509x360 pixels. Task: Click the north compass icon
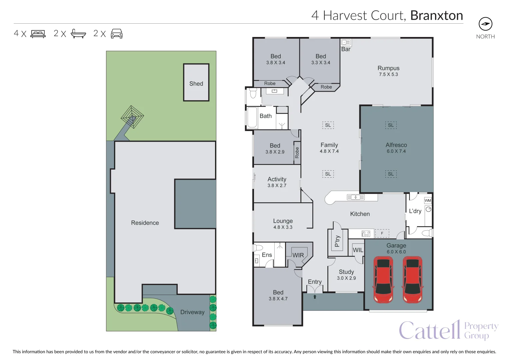(x=485, y=24)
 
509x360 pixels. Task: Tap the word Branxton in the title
(x=436, y=15)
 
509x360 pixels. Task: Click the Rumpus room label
(x=388, y=68)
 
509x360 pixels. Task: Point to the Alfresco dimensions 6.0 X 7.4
(x=396, y=151)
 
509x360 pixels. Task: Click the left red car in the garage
(x=383, y=279)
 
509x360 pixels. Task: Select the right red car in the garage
(x=413, y=279)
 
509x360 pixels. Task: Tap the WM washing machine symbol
(x=428, y=200)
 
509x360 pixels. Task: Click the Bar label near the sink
(x=346, y=49)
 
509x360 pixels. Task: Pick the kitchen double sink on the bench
(x=356, y=197)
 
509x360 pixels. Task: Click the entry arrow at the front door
(x=315, y=296)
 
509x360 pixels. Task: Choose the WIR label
(x=298, y=255)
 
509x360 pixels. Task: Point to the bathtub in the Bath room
(x=252, y=117)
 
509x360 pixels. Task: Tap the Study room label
(x=346, y=272)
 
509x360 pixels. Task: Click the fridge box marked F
(x=382, y=233)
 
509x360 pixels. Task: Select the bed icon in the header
(x=38, y=34)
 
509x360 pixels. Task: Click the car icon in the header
(x=117, y=34)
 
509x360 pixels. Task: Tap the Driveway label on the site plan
(x=192, y=312)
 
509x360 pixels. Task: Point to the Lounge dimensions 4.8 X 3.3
(x=283, y=227)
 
